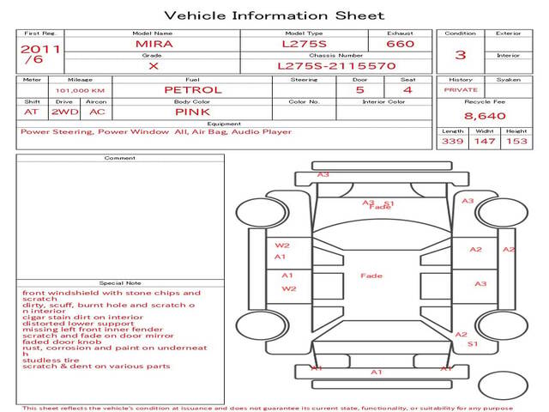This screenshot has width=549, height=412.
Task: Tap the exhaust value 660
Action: tap(400, 43)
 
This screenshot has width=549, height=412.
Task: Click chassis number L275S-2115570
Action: tap(336, 65)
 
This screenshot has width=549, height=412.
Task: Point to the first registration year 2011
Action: tap(39, 49)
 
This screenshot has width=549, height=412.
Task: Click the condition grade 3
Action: tap(460, 55)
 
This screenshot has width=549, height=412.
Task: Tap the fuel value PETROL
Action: tap(193, 89)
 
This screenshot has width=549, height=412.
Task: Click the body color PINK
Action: tap(193, 112)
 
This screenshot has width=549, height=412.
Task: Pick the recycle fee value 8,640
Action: tap(486, 116)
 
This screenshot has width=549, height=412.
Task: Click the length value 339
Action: tap(453, 142)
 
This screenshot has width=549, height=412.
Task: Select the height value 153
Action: tap(516, 142)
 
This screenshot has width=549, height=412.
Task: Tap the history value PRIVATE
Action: tap(461, 90)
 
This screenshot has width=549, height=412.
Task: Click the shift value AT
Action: tap(32, 112)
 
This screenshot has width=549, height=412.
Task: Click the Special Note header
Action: tap(120, 282)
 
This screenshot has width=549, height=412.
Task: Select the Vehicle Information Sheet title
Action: tap(274, 15)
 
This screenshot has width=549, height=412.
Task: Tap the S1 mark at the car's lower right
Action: tap(472, 343)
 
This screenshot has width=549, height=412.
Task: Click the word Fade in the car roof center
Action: tap(371, 276)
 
